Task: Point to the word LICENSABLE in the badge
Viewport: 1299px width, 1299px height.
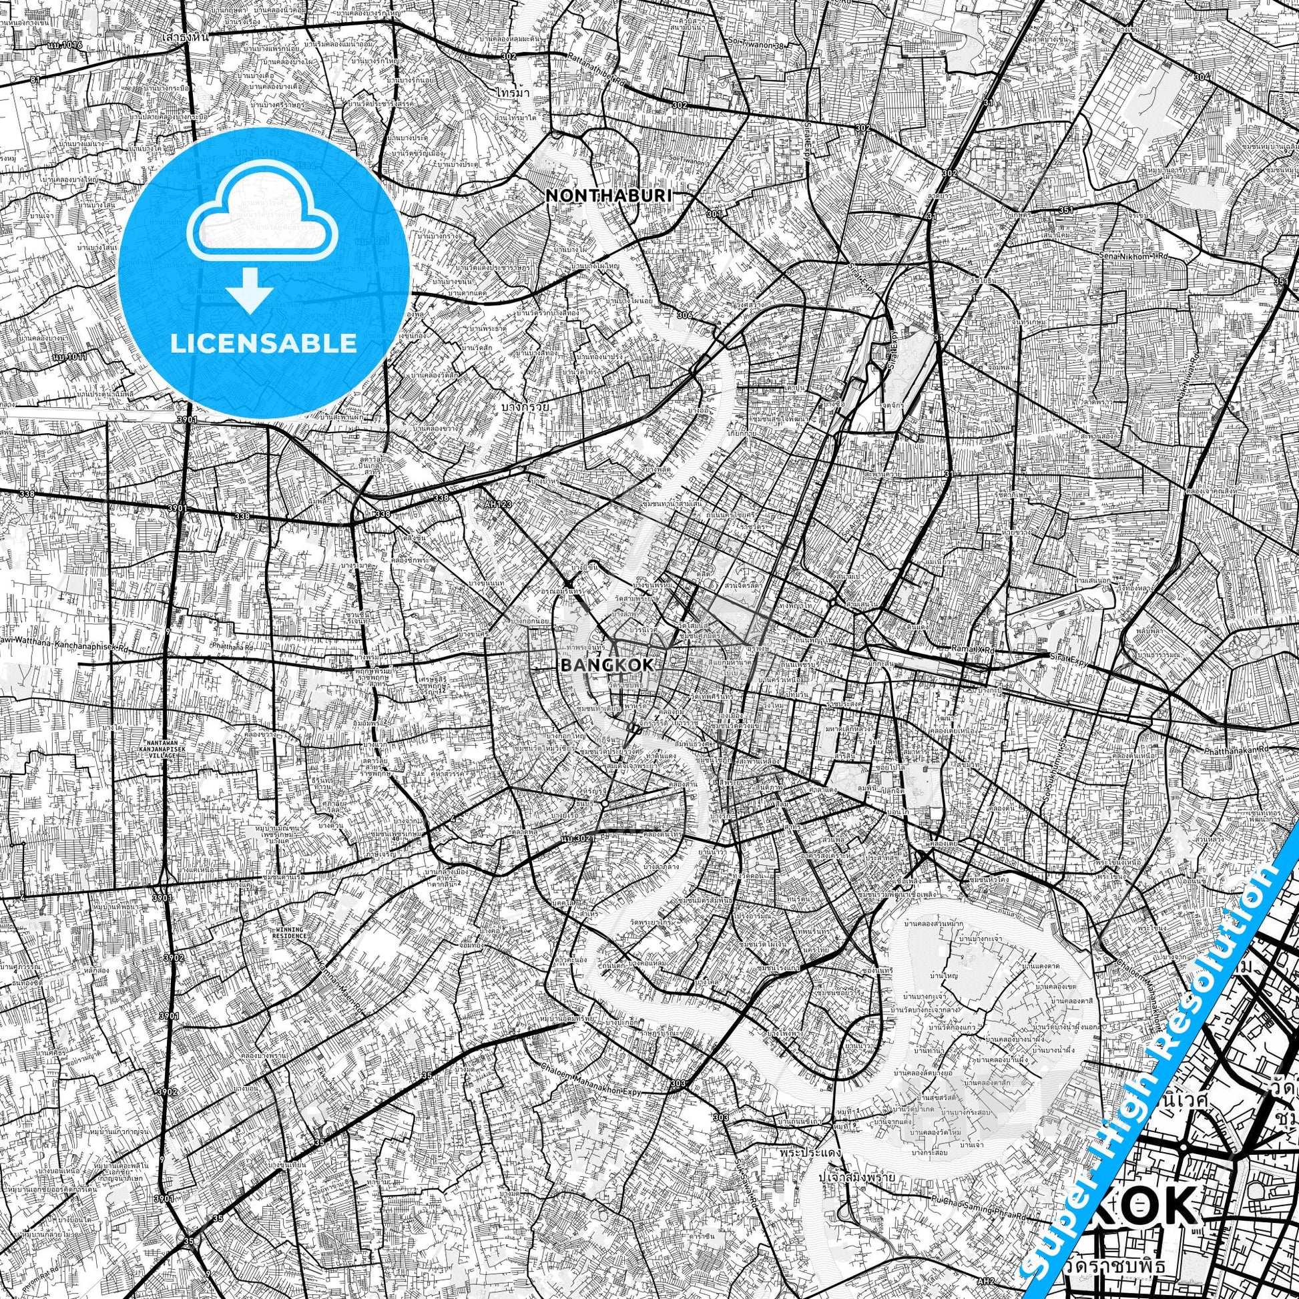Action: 264,344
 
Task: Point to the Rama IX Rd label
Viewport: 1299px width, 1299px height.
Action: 973,650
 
